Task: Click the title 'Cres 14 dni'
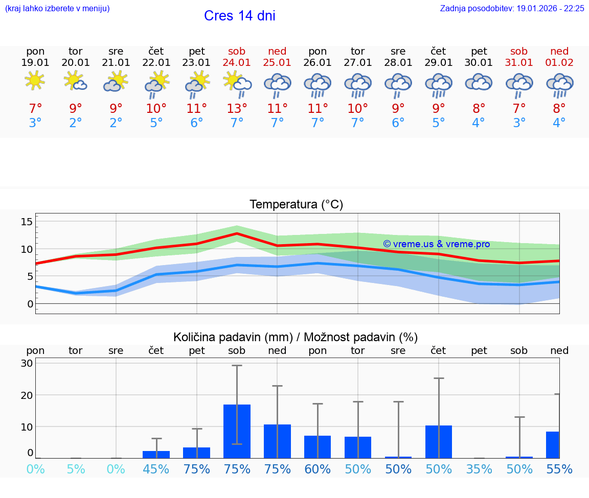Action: pyautogui.click(x=239, y=16)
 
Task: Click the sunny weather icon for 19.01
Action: pyautogui.click(x=35, y=81)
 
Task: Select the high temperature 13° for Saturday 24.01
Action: pyautogui.click(x=237, y=109)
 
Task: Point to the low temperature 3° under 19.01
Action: pyautogui.click(x=35, y=123)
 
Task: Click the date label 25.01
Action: pyautogui.click(x=277, y=63)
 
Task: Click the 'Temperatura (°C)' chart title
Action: pyautogui.click(x=296, y=205)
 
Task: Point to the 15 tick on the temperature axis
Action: pyautogui.click(x=27, y=222)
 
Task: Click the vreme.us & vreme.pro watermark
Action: pyautogui.click(x=436, y=244)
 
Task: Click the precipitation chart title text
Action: pyautogui.click(x=296, y=337)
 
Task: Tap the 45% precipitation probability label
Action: pyautogui.click(x=156, y=469)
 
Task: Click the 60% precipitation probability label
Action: pyautogui.click(x=318, y=469)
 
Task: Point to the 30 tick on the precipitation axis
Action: pyautogui.click(x=27, y=364)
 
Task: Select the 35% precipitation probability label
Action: pyautogui.click(x=479, y=469)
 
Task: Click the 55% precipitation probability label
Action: pyautogui.click(x=559, y=469)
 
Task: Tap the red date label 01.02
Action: pyautogui.click(x=559, y=63)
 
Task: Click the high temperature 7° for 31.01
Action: pyautogui.click(x=519, y=109)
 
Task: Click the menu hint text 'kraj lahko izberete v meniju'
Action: pyautogui.click(x=57, y=9)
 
